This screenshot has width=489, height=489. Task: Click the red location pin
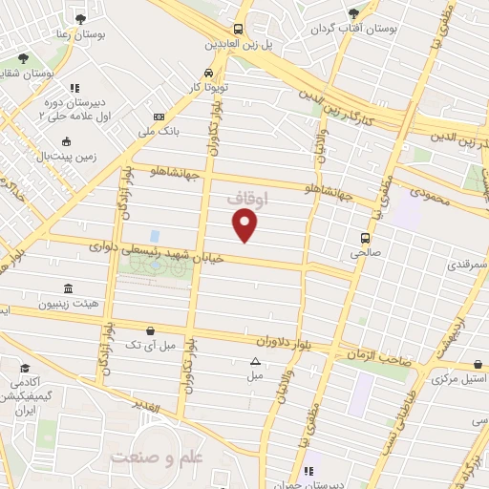point(246,225)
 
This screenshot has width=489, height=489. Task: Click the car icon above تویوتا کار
point(208,73)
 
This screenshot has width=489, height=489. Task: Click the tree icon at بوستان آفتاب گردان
point(354,13)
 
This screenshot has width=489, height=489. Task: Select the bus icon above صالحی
point(365,239)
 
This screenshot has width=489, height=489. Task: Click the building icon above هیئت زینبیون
point(67,288)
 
